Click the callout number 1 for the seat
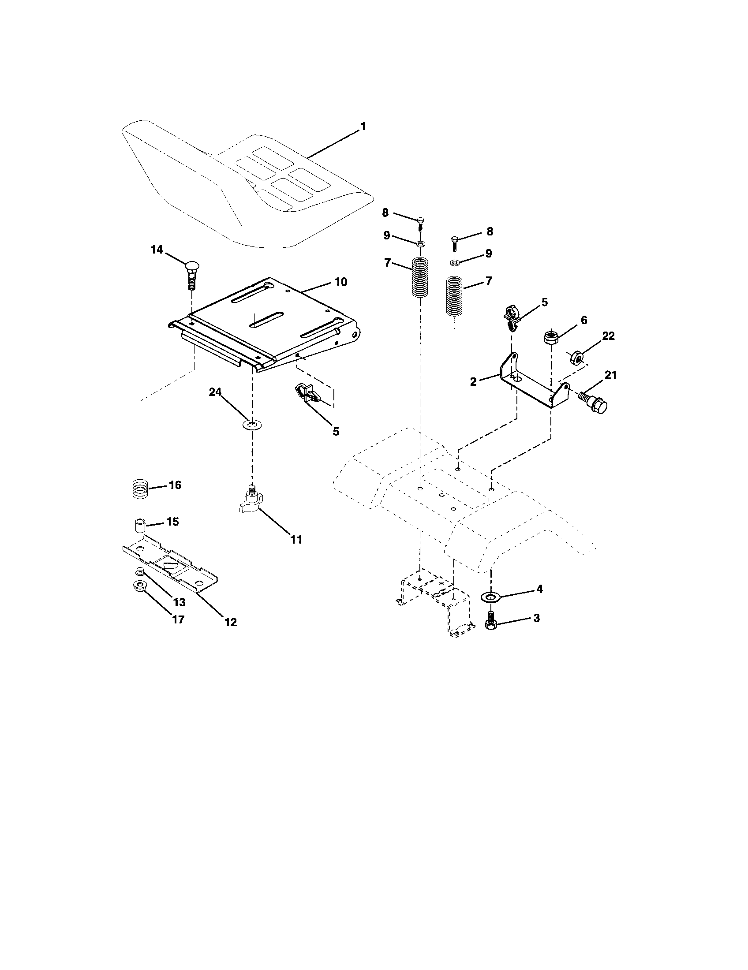[363, 127]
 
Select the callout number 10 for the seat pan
[340, 282]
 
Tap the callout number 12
[231, 622]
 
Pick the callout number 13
[179, 602]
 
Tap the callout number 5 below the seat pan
[336, 431]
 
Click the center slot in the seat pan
[266, 320]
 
